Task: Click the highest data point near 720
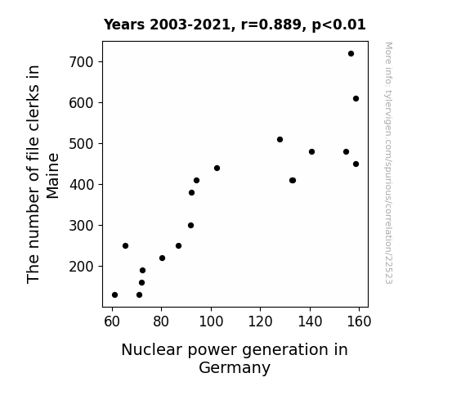[351, 54]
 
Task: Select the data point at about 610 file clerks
[356, 99]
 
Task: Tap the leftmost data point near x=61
[114, 295]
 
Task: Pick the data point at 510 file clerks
[280, 140]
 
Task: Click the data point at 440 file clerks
[217, 168]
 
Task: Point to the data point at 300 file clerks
[190, 225]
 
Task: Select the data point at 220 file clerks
[162, 258]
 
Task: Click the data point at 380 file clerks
[191, 193]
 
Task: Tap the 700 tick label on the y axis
[81, 62]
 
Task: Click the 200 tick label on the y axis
[81, 267]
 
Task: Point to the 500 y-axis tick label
[81, 144]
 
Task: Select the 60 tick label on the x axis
[112, 321]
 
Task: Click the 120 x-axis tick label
[260, 321]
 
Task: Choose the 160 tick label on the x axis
[359, 321]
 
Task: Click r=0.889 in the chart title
[271, 25]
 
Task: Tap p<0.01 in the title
[338, 25]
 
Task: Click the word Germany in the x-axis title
[235, 368]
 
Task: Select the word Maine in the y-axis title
[53, 176]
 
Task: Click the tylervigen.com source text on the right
[388, 163]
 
